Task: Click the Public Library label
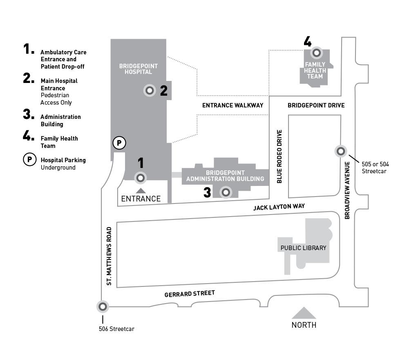coord(303,248)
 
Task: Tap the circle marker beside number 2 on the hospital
coord(150,90)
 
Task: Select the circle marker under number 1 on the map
coord(141,178)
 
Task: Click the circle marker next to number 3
coord(226,192)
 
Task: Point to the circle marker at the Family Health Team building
coord(316,53)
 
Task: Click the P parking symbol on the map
coord(119,143)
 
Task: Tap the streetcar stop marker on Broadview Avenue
coord(341,151)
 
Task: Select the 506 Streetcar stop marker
coord(102,306)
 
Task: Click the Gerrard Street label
coord(190,293)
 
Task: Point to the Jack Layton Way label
coord(279,207)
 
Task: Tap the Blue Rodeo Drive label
coord(280,157)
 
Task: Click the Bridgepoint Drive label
coord(316,105)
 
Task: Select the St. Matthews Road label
coord(109,256)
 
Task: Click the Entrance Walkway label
coord(232,105)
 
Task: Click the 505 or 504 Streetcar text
coord(375,168)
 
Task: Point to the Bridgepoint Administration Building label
coord(225,176)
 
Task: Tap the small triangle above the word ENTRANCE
coord(141,190)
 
